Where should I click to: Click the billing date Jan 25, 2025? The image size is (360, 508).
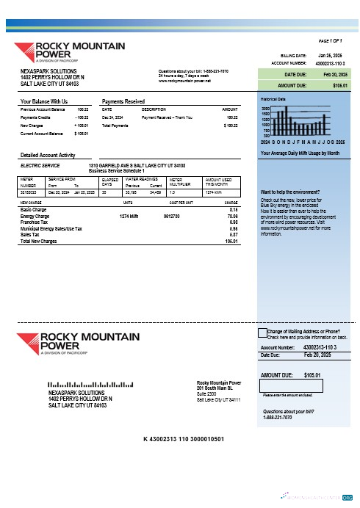[x=328, y=55]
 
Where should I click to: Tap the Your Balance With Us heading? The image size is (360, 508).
[x=44, y=101]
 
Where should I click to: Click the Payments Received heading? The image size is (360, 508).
[x=123, y=101]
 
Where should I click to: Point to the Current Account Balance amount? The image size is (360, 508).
[x=82, y=134]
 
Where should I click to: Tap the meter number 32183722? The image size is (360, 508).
[x=29, y=192]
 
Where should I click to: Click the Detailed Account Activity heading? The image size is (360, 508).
[x=48, y=155]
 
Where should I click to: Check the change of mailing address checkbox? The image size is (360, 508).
[x=262, y=333]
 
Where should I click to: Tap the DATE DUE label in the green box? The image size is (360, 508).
[x=295, y=75]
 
